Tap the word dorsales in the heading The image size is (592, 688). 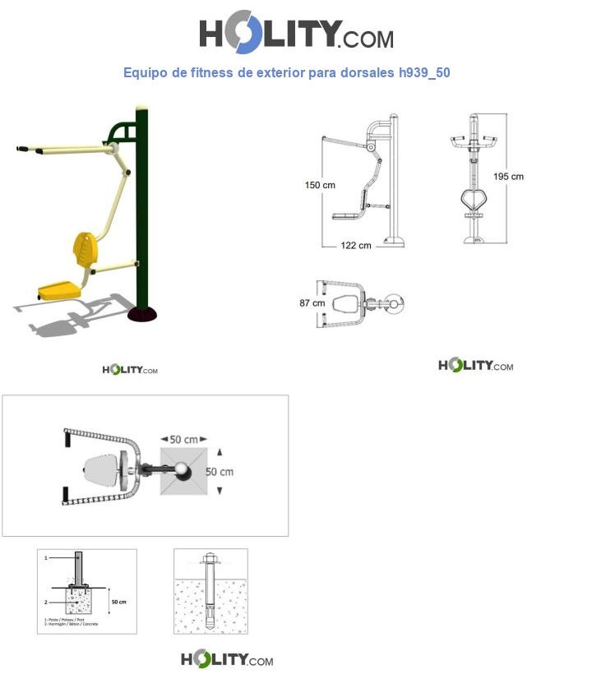click(358, 72)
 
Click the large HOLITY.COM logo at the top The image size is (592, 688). click(296, 35)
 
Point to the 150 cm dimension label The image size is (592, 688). click(320, 185)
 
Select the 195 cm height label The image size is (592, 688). click(508, 177)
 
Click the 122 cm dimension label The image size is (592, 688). click(354, 245)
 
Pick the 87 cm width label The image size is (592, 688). click(312, 303)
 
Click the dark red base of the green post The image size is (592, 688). click(145, 313)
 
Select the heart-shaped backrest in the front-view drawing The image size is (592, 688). click(475, 201)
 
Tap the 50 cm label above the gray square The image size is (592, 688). click(183, 439)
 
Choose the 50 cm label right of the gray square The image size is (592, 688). click(220, 472)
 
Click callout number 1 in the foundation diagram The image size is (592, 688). click(47, 557)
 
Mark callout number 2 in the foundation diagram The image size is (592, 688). click(47, 602)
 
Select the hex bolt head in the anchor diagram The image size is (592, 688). click(209, 562)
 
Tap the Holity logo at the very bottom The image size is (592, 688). click(227, 659)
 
